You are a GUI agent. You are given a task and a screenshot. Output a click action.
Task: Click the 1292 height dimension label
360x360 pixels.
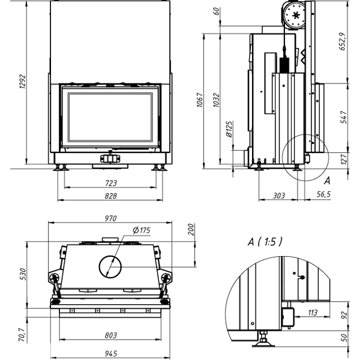(23, 81)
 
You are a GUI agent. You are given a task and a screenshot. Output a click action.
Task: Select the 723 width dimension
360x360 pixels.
(111, 183)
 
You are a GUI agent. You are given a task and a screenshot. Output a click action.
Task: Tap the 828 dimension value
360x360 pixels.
(111, 196)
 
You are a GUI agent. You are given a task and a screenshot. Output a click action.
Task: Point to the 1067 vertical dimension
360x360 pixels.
(200, 100)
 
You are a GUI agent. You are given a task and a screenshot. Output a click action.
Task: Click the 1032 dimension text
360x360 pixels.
(216, 100)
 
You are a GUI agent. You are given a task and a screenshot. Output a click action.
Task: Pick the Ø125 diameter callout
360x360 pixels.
(229, 129)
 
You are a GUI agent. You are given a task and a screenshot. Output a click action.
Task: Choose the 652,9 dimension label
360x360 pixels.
(342, 41)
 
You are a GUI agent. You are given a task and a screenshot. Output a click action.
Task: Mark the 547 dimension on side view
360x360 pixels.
(344, 117)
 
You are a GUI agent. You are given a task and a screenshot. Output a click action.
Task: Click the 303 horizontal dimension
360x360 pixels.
(279, 196)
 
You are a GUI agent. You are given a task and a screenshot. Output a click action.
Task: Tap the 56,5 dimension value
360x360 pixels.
(324, 194)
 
